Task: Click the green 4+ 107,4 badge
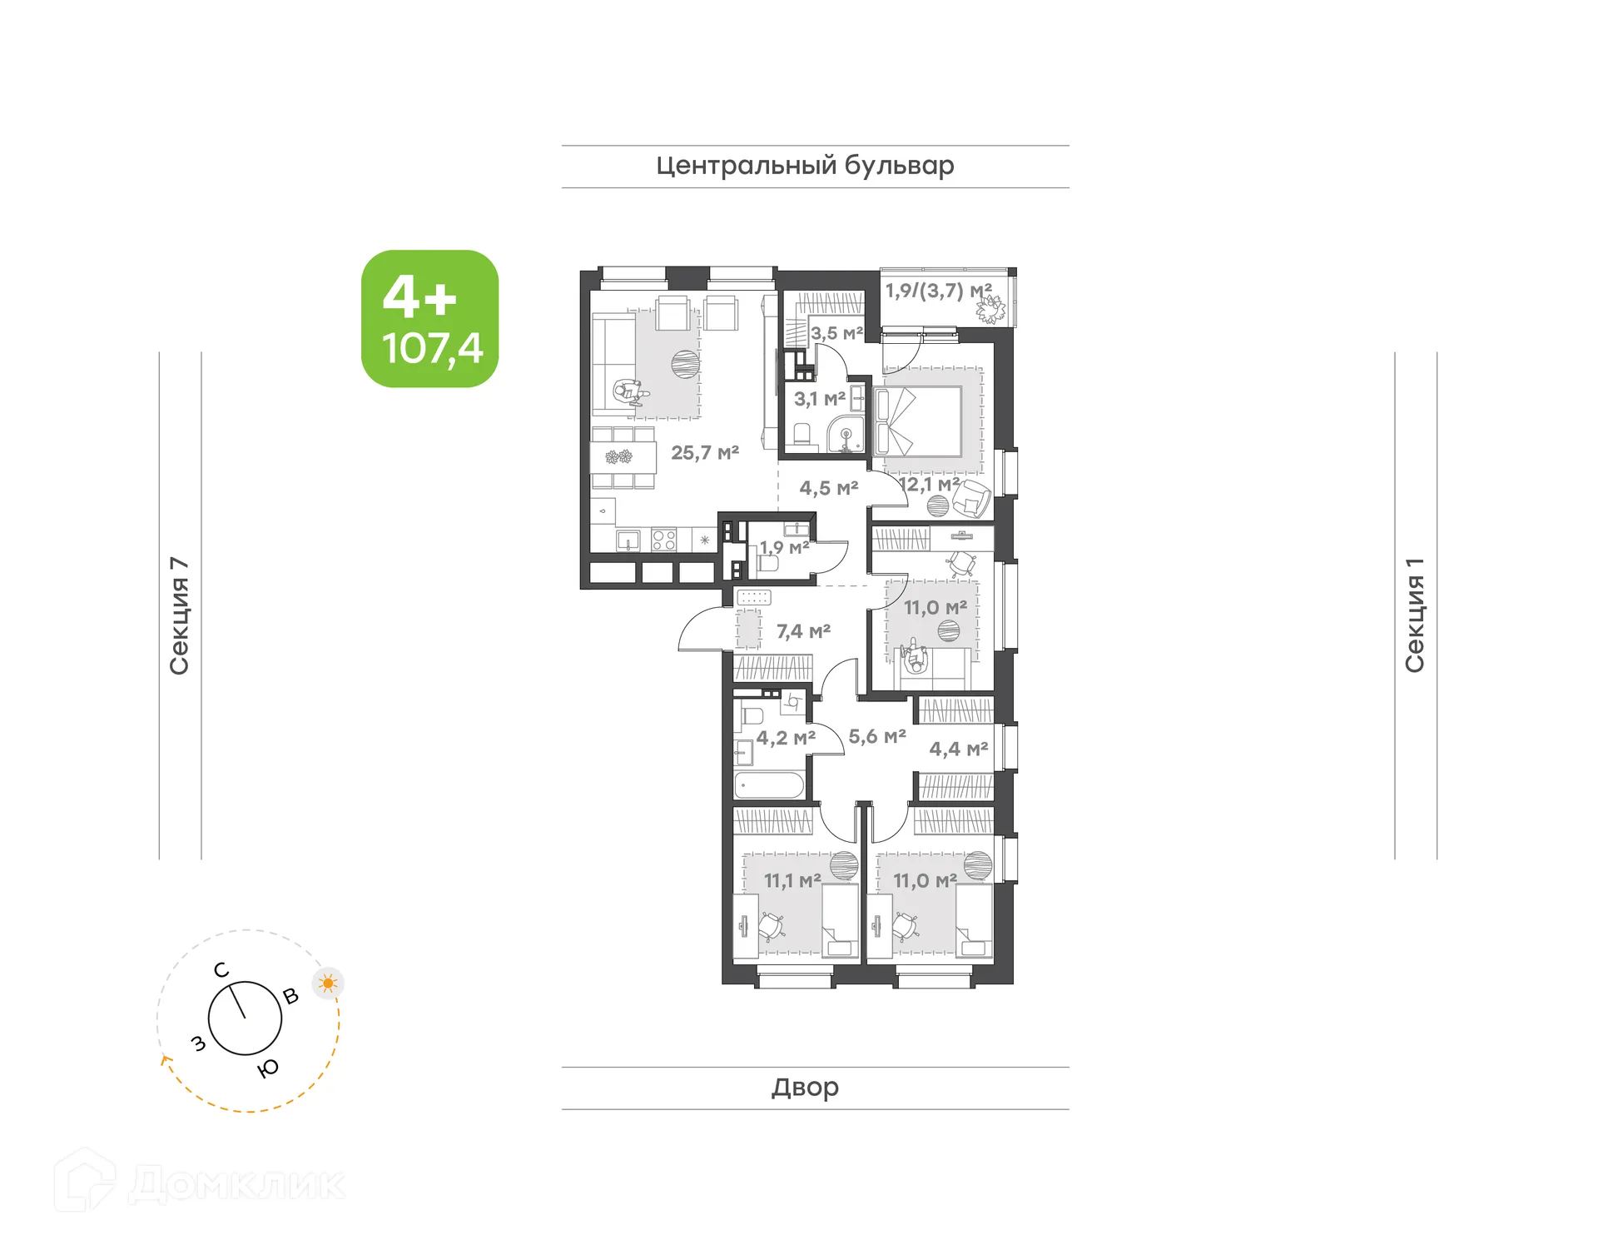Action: pos(429,319)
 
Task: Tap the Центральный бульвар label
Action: pos(805,166)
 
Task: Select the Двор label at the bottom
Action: pos(805,1087)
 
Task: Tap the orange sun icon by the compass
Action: pos(328,984)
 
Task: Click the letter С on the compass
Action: pos(221,970)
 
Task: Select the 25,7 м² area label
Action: pos(705,453)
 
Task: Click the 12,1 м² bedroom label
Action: pos(929,484)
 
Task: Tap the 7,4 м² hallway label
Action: pos(803,632)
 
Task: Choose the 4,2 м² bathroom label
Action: pos(785,738)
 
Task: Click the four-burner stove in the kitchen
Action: pos(663,540)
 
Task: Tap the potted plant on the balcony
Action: pos(990,310)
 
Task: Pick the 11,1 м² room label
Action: pos(792,880)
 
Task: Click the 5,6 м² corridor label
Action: pos(877,737)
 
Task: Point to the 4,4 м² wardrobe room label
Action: pos(958,750)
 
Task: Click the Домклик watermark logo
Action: pos(200,1183)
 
